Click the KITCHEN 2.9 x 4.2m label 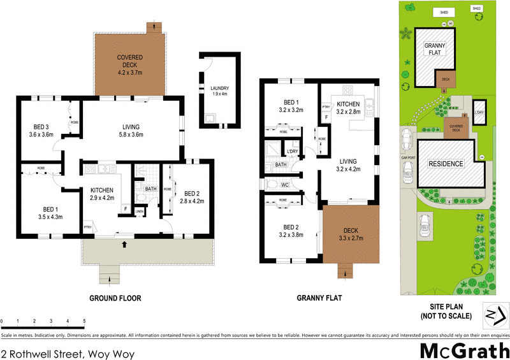tap(103, 194)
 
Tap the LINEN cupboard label tap(139, 212)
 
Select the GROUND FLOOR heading tap(115, 298)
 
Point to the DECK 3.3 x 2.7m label tap(350, 235)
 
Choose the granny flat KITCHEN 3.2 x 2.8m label tap(348, 108)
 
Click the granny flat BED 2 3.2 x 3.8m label tap(291, 231)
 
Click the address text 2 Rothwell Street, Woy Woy tap(68, 352)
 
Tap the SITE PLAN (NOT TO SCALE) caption tap(446, 312)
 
